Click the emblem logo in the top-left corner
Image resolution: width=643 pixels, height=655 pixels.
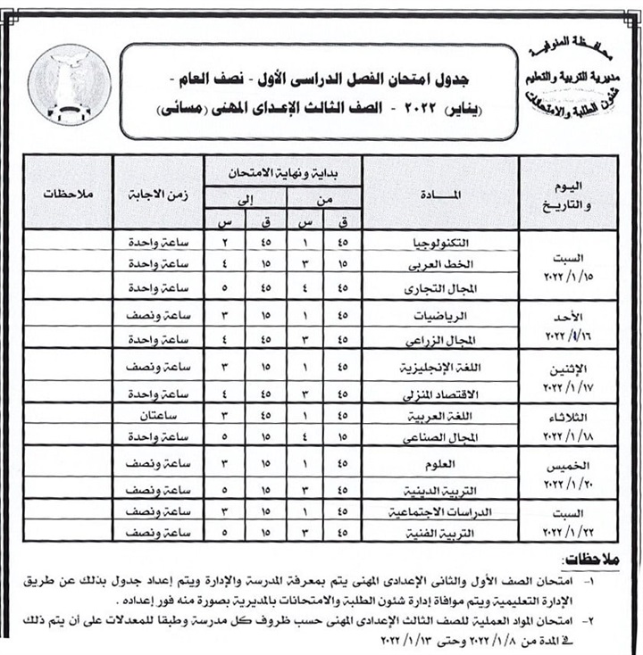click(x=70, y=84)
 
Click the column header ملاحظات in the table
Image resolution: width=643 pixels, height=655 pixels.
click(x=68, y=192)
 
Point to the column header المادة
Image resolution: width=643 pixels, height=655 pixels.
click(x=438, y=192)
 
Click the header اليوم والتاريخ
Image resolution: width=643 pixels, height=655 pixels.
click(x=568, y=191)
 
